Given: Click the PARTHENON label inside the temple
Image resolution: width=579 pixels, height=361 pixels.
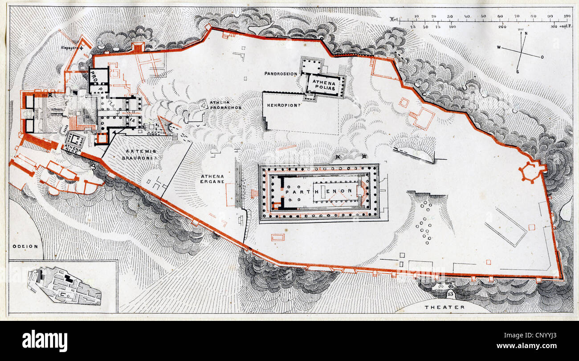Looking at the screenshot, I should pyautogui.click(x=320, y=191).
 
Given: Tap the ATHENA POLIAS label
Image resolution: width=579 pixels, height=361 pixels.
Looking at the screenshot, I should pyautogui.click(x=325, y=85).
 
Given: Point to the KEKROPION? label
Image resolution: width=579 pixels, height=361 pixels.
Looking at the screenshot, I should pyautogui.click(x=283, y=106).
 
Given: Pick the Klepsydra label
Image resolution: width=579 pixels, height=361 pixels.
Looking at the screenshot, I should pyautogui.click(x=71, y=46).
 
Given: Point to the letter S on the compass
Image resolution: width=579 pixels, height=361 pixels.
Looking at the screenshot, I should pyautogui.click(x=518, y=71).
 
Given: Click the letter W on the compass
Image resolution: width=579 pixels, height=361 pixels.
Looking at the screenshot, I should pyautogui.click(x=499, y=47).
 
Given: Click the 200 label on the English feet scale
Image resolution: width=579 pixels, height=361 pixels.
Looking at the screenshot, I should pyautogui.click(x=502, y=27).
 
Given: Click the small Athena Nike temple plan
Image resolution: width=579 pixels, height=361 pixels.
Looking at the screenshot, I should pyautogui.click(x=75, y=140).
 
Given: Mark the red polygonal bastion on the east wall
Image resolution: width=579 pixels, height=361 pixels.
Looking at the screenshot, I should pyautogui.click(x=531, y=172).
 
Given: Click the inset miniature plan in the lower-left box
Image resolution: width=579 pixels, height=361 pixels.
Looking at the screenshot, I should pyautogui.click(x=65, y=285).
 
